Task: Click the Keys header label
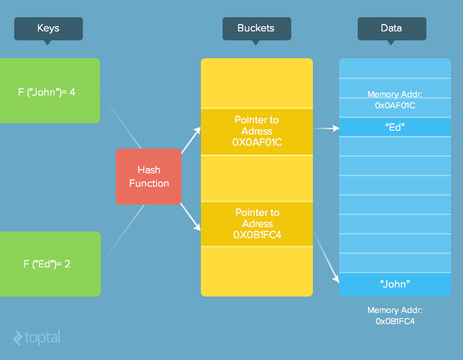tap(49, 28)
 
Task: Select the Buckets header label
tap(257, 28)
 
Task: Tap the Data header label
tap(392, 28)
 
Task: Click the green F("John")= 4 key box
tap(50, 90)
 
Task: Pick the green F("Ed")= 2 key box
tap(50, 264)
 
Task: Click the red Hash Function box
tap(149, 176)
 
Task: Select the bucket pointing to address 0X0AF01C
tap(257, 131)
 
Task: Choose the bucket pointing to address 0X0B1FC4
tap(257, 224)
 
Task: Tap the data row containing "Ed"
tap(395, 127)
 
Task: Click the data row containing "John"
tap(395, 285)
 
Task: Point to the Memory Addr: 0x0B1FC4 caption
tap(395, 316)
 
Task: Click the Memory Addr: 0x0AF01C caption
tap(395, 100)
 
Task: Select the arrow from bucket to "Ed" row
tap(326, 128)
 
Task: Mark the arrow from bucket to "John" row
tap(326, 258)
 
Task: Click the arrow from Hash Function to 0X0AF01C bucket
tap(191, 140)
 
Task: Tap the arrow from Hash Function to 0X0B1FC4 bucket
tap(190, 217)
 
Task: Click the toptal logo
tap(37, 338)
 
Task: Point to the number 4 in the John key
tap(72, 93)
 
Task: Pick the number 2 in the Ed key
tap(67, 264)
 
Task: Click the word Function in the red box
tap(149, 184)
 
